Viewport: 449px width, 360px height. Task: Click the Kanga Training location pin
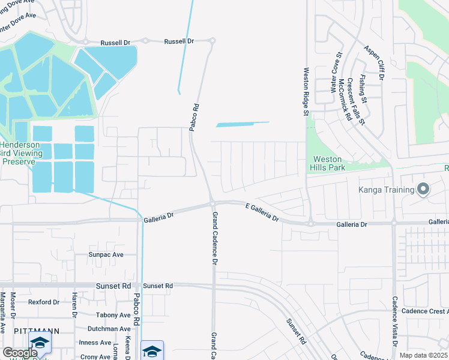[423, 190]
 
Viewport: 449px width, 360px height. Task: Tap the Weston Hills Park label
[328, 163]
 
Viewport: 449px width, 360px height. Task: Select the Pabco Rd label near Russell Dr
[195, 113]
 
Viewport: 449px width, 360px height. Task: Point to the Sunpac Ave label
[106, 254]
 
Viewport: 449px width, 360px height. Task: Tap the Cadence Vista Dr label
[394, 322]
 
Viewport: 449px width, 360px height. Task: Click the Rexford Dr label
[44, 302]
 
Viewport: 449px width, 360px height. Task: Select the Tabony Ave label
[113, 315]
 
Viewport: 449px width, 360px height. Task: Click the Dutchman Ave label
[109, 329]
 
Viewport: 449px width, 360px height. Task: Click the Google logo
[19, 353]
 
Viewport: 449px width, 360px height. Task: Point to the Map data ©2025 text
[424, 355]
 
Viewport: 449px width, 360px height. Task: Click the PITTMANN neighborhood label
[36, 331]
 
